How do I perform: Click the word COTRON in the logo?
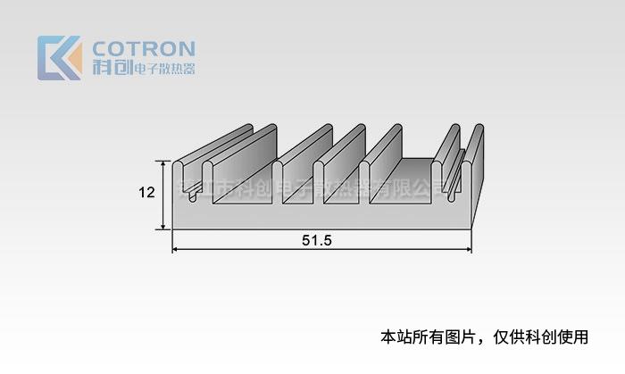[x=143, y=48]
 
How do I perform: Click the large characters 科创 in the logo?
[x=112, y=69]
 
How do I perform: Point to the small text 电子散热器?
[x=163, y=69]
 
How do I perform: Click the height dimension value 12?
[x=147, y=193]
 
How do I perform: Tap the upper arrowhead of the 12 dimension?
[x=162, y=164]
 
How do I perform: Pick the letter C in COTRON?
[x=101, y=48]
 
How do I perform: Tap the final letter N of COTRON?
[x=186, y=48]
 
